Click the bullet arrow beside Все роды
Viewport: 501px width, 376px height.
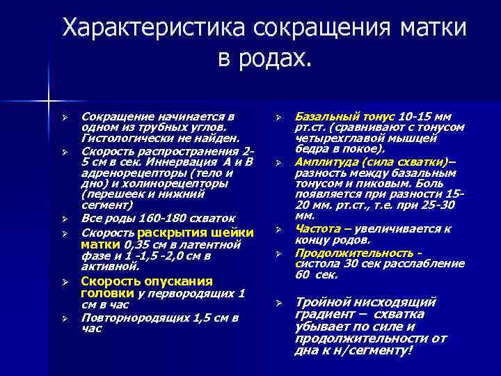[63, 218]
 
